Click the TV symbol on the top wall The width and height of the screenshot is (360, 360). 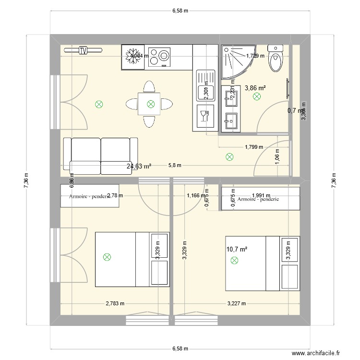pyautogui.click(x=83, y=49)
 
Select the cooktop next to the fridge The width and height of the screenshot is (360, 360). pyautogui.click(x=159, y=57)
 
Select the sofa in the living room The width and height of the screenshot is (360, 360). pyautogui.click(x=100, y=156)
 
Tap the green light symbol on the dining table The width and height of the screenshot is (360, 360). pyautogui.click(x=151, y=103)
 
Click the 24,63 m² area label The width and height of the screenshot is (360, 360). pyautogui.click(x=139, y=167)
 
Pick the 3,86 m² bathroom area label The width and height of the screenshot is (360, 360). pyautogui.click(x=255, y=88)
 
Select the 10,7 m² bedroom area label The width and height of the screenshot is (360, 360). pyautogui.click(x=236, y=249)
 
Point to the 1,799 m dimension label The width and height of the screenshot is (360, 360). pyautogui.click(x=254, y=147)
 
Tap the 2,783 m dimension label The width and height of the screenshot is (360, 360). pyautogui.click(x=115, y=303)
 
